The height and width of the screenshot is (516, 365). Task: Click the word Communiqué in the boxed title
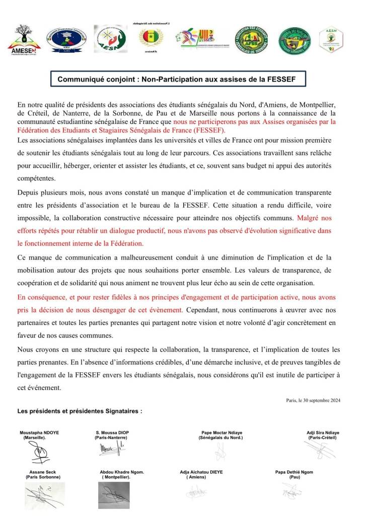point(80,79)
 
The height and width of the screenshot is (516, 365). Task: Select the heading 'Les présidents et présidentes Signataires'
point(80,411)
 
